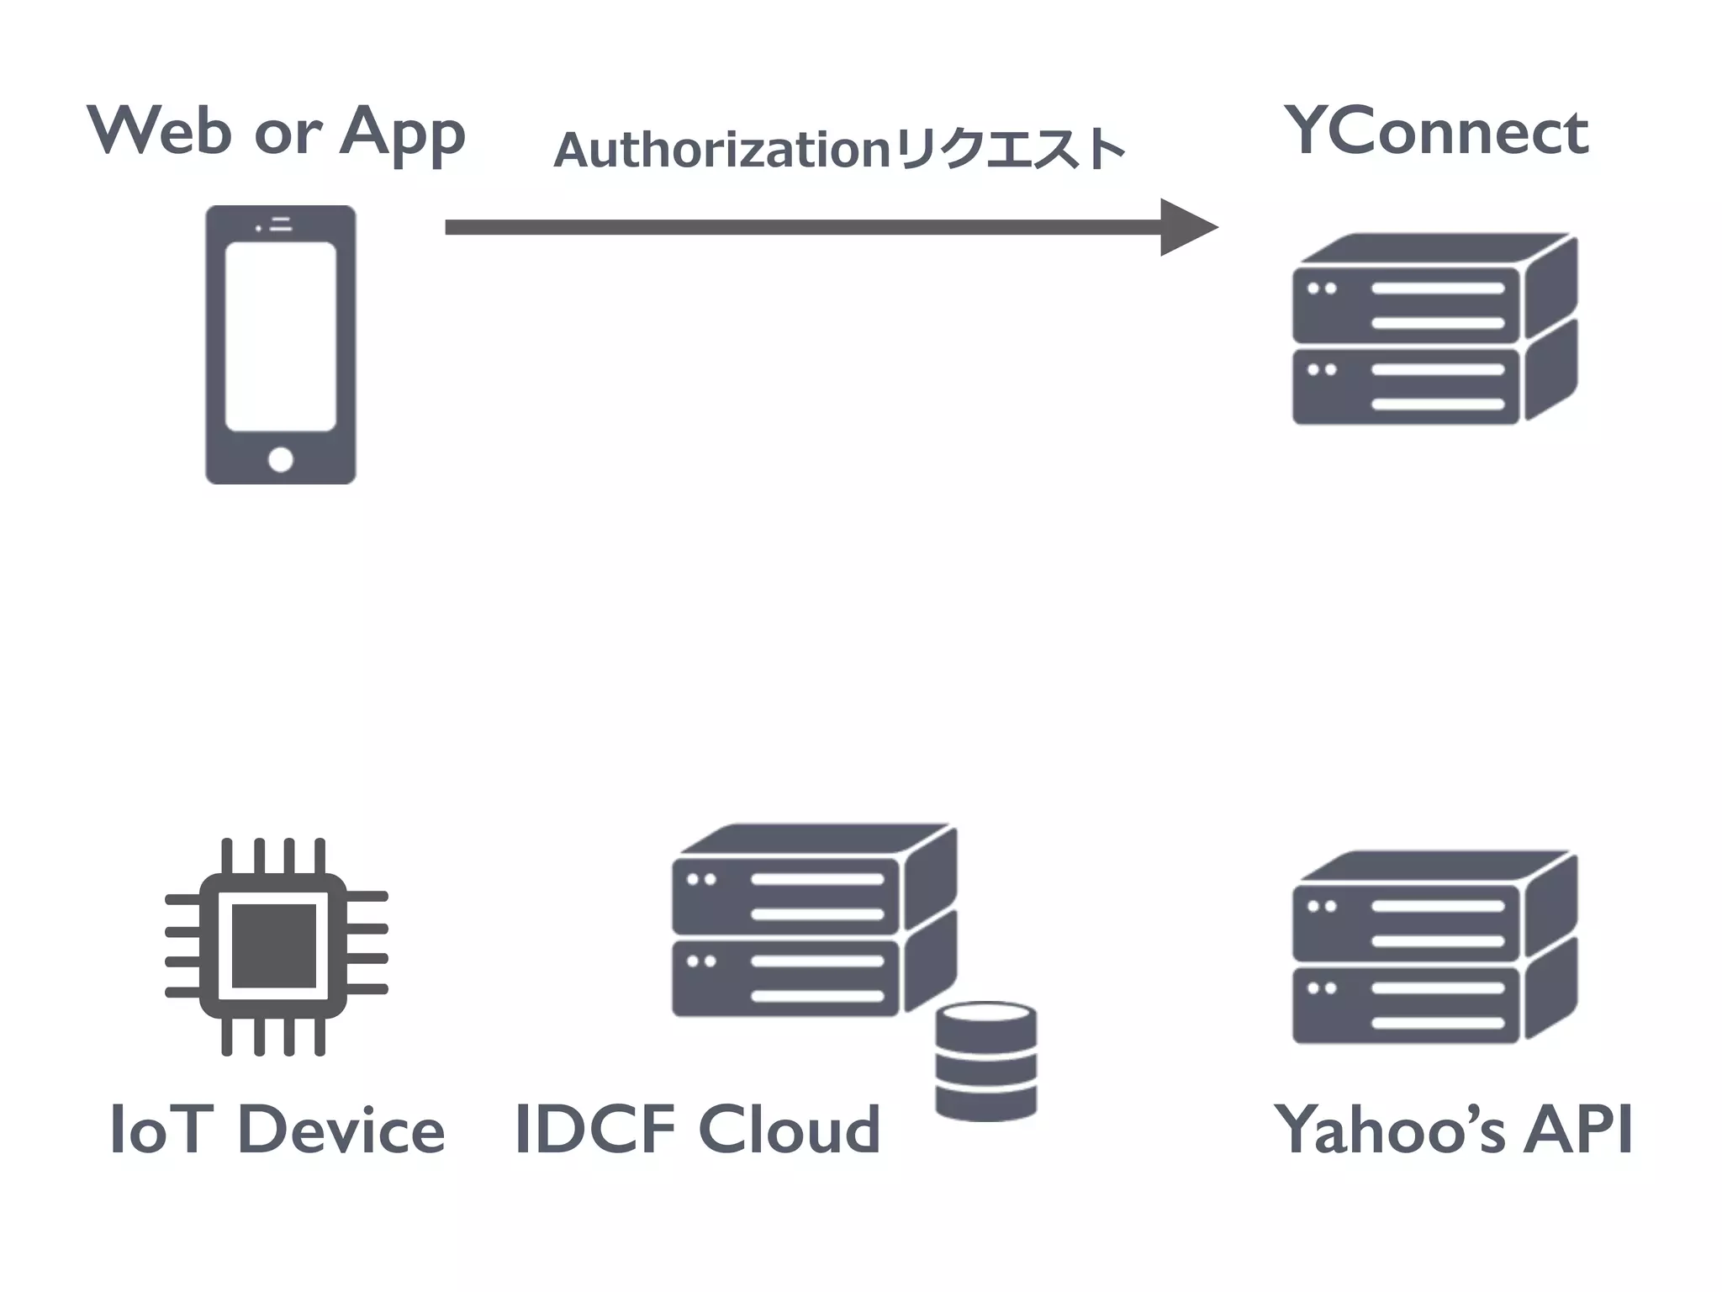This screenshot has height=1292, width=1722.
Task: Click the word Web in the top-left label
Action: click(x=160, y=130)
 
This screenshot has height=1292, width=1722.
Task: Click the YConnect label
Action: click(x=1436, y=132)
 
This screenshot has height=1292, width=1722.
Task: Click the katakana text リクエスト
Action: click(x=1009, y=150)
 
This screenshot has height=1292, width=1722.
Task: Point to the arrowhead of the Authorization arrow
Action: click(x=1187, y=227)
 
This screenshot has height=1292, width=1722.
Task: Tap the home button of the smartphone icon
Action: click(x=280, y=459)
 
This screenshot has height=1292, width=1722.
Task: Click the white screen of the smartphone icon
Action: click(x=280, y=336)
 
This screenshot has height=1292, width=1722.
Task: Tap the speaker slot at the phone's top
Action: click(x=281, y=224)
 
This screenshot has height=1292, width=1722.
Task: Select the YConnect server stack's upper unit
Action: click(x=1406, y=304)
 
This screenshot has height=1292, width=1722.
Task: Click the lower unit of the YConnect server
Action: click(x=1406, y=387)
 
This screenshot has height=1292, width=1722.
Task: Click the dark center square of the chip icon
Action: click(x=273, y=946)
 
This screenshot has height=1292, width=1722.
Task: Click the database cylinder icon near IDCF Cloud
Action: click(x=985, y=1062)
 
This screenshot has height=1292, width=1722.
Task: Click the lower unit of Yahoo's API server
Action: click(x=1406, y=1005)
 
